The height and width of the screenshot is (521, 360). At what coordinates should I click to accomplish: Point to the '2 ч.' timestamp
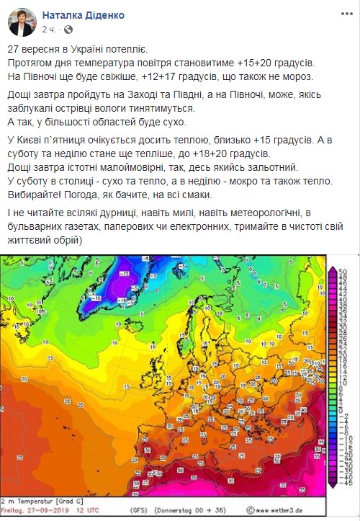coord(49,30)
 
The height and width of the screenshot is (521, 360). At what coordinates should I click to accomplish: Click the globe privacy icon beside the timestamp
coord(68,30)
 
